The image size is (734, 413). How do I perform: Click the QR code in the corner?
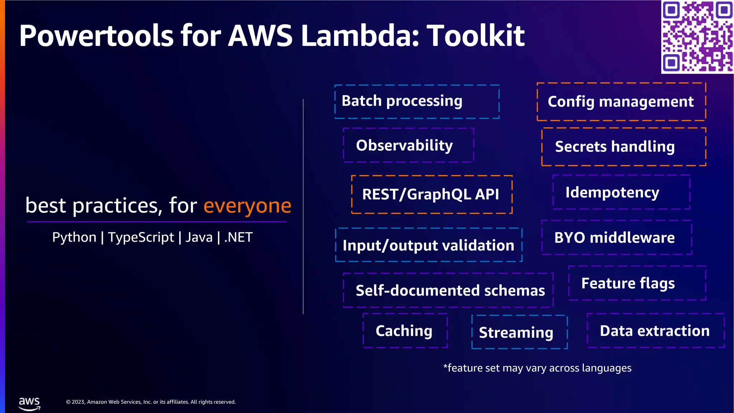pyautogui.click(x=697, y=37)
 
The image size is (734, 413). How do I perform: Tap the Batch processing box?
pyautogui.click(x=417, y=101)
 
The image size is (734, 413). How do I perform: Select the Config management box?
pyautogui.click(x=621, y=102)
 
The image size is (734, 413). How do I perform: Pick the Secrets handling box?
pyautogui.click(x=624, y=147)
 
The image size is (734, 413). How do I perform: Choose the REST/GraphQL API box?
pyautogui.click(x=432, y=194)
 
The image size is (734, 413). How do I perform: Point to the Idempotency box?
pyautogui.click(x=621, y=192)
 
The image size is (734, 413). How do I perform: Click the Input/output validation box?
pyautogui.click(x=429, y=245)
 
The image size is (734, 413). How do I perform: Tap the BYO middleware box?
pyautogui.click(x=616, y=237)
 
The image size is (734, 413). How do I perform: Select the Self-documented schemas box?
pyautogui.click(x=448, y=290)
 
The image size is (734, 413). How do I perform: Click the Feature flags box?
pyautogui.click(x=637, y=283)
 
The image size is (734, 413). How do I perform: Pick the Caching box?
pyautogui.click(x=405, y=331)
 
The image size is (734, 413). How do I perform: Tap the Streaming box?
pyautogui.click(x=519, y=332)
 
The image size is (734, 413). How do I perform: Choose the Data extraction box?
pyautogui.click(x=656, y=331)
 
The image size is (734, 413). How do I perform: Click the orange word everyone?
pyautogui.click(x=247, y=206)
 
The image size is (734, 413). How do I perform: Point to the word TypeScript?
pyautogui.click(x=141, y=237)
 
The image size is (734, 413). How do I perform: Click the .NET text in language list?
pyautogui.click(x=238, y=237)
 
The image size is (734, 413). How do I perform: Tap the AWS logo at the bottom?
pyautogui.click(x=29, y=403)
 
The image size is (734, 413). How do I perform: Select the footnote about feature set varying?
pyautogui.click(x=537, y=368)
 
